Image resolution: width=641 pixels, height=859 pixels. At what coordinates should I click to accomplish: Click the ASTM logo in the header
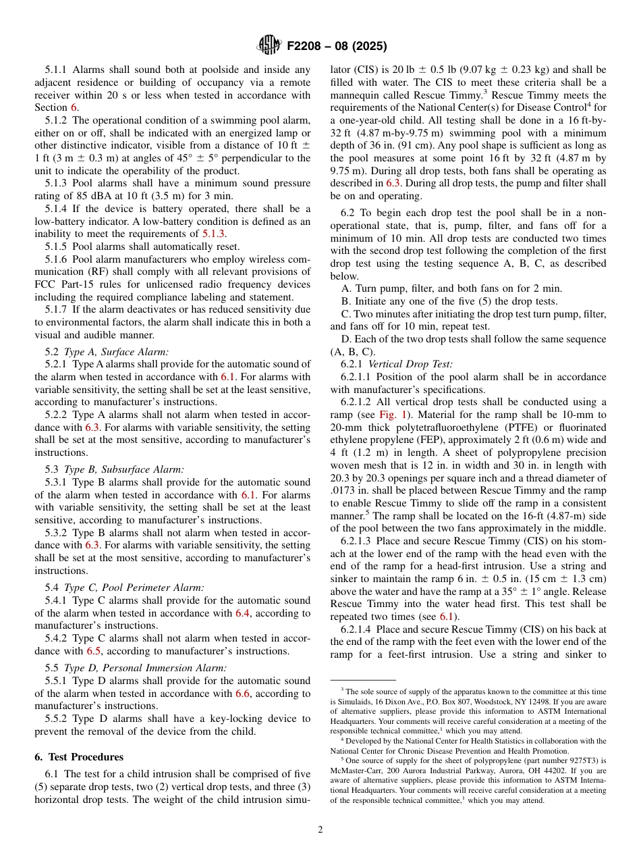[269, 46]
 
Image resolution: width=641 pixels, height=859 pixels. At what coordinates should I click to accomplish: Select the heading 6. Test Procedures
[79, 757]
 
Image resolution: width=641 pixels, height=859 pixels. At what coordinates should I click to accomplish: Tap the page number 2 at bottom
[320, 829]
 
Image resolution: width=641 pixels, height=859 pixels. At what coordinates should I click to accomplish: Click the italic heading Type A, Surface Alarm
[116, 351]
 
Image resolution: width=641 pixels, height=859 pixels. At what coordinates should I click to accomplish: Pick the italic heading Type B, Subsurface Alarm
[123, 469]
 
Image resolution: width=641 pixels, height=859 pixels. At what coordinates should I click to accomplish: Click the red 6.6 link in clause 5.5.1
[243, 694]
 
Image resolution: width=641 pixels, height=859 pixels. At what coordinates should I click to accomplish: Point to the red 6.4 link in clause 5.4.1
[243, 613]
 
